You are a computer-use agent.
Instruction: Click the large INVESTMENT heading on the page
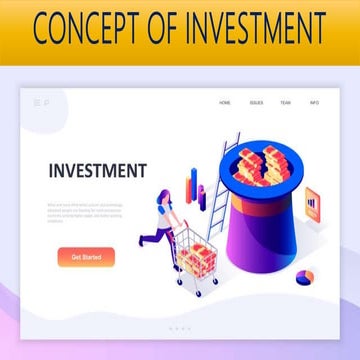coord(96,170)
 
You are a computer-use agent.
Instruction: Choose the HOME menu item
coord(225,102)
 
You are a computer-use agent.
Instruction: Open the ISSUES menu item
coord(256,102)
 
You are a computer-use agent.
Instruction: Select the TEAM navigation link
coord(285,102)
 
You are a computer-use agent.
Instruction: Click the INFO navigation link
coord(314,102)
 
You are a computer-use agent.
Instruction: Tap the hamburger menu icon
coord(37,102)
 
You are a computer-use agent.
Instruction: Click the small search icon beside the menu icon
coord(46,102)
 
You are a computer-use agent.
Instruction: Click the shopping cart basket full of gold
coord(197,258)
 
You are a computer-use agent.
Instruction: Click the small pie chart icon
coord(306,275)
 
